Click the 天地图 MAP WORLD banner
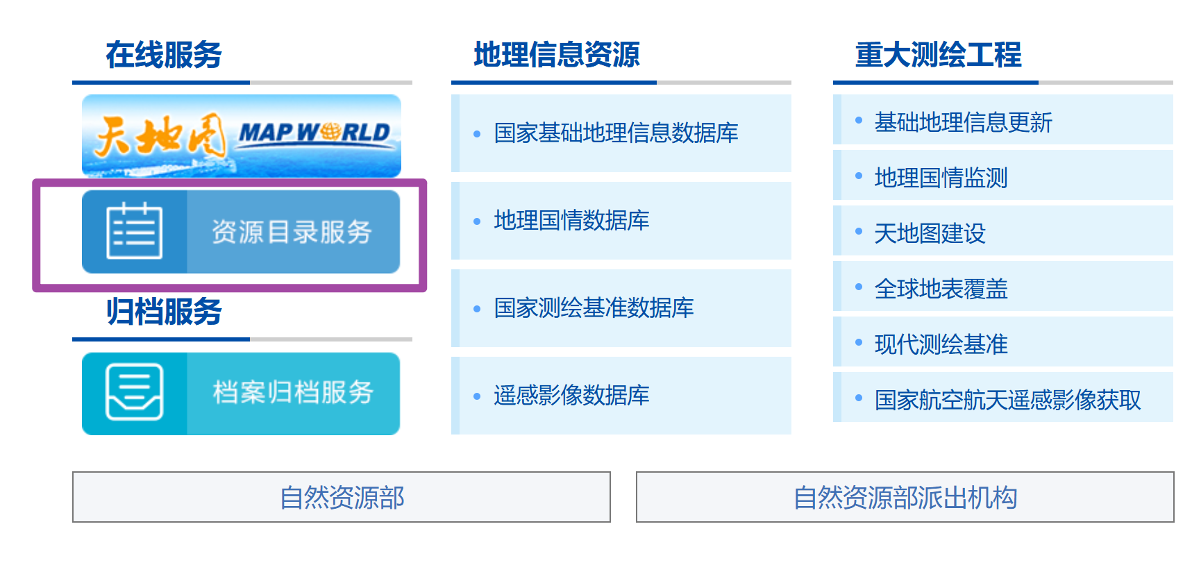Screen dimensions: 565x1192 (x=241, y=135)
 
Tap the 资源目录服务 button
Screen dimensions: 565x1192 (x=292, y=232)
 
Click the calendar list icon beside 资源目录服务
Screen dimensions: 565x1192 (x=135, y=231)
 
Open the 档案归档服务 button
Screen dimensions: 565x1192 (x=292, y=393)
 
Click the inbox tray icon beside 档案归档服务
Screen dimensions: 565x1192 (x=135, y=392)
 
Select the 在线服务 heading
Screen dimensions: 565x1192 (x=164, y=55)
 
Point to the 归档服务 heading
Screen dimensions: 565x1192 (x=164, y=312)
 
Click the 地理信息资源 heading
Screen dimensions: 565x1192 (x=557, y=55)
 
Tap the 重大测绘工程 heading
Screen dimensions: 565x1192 (x=939, y=55)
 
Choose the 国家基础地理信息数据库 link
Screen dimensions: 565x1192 (x=616, y=133)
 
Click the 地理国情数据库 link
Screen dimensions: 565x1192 (x=571, y=220)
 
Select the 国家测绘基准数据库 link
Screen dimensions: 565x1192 (x=594, y=307)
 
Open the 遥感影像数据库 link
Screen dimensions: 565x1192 (x=571, y=395)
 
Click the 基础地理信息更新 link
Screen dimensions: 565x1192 (x=963, y=122)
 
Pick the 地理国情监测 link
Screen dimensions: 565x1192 (x=941, y=178)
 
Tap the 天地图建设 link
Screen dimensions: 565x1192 (x=930, y=233)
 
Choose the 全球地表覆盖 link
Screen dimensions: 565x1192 (x=941, y=289)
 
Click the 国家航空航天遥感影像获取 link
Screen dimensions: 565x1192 (x=1007, y=400)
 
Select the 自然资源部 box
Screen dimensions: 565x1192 (x=342, y=497)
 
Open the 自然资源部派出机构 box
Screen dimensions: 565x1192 (x=905, y=497)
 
